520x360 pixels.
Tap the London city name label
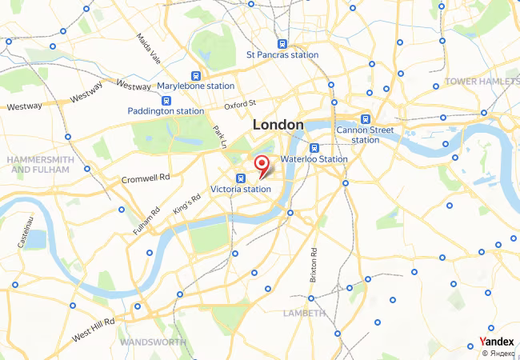click(x=278, y=125)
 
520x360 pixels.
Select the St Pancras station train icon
click(x=282, y=44)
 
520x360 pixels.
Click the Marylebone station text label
click(x=195, y=86)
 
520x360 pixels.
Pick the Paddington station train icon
click(x=166, y=101)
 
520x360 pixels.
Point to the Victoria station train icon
click(x=240, y=178)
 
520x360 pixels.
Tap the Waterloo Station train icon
click(x=315, y=148)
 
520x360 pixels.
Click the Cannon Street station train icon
click(x=366, y=118)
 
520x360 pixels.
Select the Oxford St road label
click(x=240, y=104)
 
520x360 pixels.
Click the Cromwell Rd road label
click(x=146, y=178)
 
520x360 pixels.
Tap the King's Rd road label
click(x=186, y=204)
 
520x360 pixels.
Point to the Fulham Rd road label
click(x=147, y=222)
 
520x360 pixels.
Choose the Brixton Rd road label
click(x=314, y=264)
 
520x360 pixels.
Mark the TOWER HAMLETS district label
click(x=482, y=82)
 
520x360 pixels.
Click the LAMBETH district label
click(x=304, y=313)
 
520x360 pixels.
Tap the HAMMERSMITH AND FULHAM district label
click(x=41, y=165)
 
